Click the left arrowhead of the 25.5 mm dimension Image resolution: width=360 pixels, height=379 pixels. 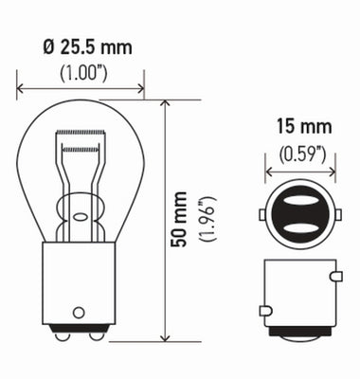pos(21,90)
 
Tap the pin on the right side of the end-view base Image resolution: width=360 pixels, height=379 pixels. pos(334,277)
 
